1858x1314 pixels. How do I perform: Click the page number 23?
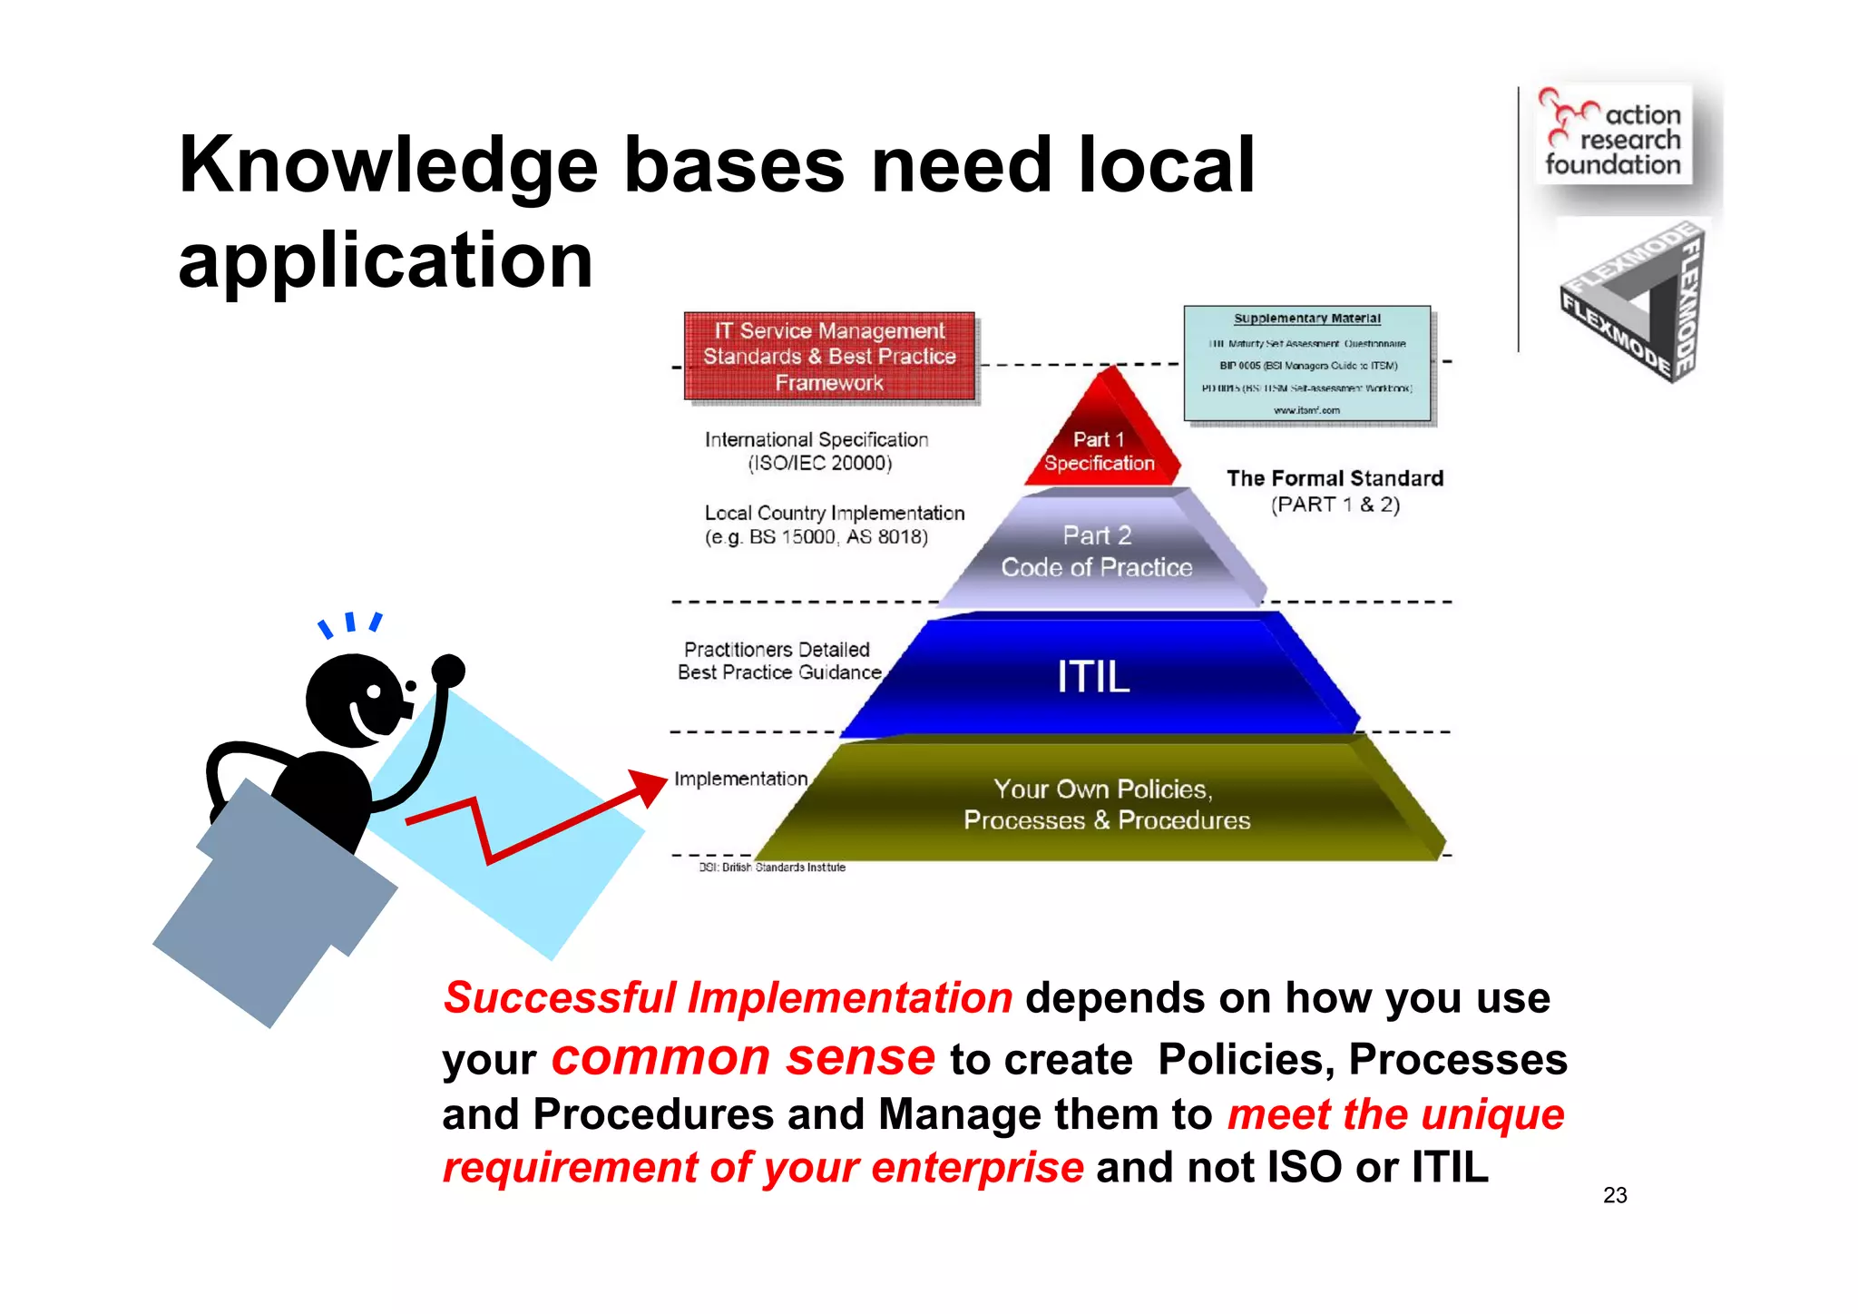(x=1615, y=1195)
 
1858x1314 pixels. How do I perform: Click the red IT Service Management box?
(x=829, y=357)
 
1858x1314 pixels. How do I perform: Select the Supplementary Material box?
(x=1306, y=364)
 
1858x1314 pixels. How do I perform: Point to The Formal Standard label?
(x=1335, y=479)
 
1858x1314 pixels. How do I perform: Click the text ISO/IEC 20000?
(x=820, y=464)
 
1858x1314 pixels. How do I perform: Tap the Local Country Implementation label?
(x=834, y=514)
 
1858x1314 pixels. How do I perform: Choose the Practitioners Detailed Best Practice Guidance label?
(x=778, y=661)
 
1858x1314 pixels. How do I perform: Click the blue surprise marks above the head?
(x=350, y=623)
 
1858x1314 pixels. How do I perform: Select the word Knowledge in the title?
(x=388, y=166)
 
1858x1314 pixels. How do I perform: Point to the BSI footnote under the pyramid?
(x=772, y=868)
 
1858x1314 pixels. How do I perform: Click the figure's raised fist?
(x=448, y=672)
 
